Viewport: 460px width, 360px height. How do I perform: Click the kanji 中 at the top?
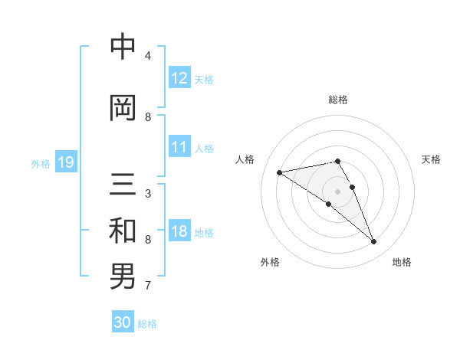pyautogui.click(x=123, y=47)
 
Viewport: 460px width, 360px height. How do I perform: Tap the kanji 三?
pyautogui.click(x=123, y=185)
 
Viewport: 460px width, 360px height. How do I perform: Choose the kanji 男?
pyautogui.click(x=123, y=277)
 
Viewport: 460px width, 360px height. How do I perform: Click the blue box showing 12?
pyautogui.click(x=179, y=78)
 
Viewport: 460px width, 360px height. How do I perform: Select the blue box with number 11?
pyautogui.click(x=179, y=147)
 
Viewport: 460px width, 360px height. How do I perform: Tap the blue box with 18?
pyautogui.click(x=179, y=231)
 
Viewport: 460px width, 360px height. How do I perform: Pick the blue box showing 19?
pyautogui.click(x=65, y=162)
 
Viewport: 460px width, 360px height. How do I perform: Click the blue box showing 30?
pyautogui.click(x=123, y=322)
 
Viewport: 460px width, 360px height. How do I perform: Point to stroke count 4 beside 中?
pyautogui.click(x=148, y=56)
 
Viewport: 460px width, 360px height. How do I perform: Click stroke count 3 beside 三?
pyautogui.click(x=148, y=194)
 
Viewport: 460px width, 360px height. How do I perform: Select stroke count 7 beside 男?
pyautogui.click(x=148, y=286)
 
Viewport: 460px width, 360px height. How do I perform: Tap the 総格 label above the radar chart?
pyautogui.click(x=337, y=100)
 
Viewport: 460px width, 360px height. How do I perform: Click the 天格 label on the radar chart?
pyautogui.click(x=431, y=159)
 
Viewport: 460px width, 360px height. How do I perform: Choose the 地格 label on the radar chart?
pyautogui.click(x=402, y=262)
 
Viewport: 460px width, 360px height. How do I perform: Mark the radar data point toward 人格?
pyautogui.click(x=280, y=172)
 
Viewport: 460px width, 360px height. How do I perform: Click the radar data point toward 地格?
pyautogui.click(x=374, y=242)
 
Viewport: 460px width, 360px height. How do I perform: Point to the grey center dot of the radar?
pyautogui.click(x=337, y=191)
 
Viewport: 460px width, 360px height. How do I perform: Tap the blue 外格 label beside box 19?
pyautogui.click(x=41, y=163)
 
